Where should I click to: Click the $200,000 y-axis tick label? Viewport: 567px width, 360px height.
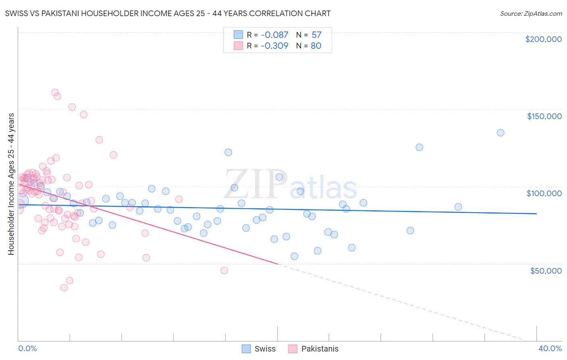coord(543,39)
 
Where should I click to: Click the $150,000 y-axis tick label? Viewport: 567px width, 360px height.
coord(544,116)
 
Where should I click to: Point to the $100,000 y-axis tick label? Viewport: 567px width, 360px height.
coord(544,193)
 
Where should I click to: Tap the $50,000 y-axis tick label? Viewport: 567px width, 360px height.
coord(546,271)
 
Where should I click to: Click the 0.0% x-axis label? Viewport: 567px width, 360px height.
coord(27,349)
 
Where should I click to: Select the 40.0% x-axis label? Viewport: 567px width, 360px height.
coord(550,349)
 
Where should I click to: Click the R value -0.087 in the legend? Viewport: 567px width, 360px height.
coord(274,35)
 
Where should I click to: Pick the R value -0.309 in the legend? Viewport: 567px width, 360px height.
coord(274,46)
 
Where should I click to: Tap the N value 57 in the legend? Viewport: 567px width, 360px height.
coord(316,35)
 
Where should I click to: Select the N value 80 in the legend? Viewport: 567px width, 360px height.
coord(316,46)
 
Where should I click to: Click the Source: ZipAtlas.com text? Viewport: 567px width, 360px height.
coord(531,14)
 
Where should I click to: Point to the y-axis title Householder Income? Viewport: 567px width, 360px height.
coord(11,184)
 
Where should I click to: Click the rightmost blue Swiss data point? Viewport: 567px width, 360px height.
coord(500,133)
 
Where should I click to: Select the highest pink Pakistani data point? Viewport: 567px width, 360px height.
coord(55,92)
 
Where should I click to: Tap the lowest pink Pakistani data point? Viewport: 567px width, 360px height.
coord(64,288)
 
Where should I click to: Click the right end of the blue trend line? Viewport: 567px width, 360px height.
coord(536,213)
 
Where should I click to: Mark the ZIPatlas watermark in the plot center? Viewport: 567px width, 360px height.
coord(290,185)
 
